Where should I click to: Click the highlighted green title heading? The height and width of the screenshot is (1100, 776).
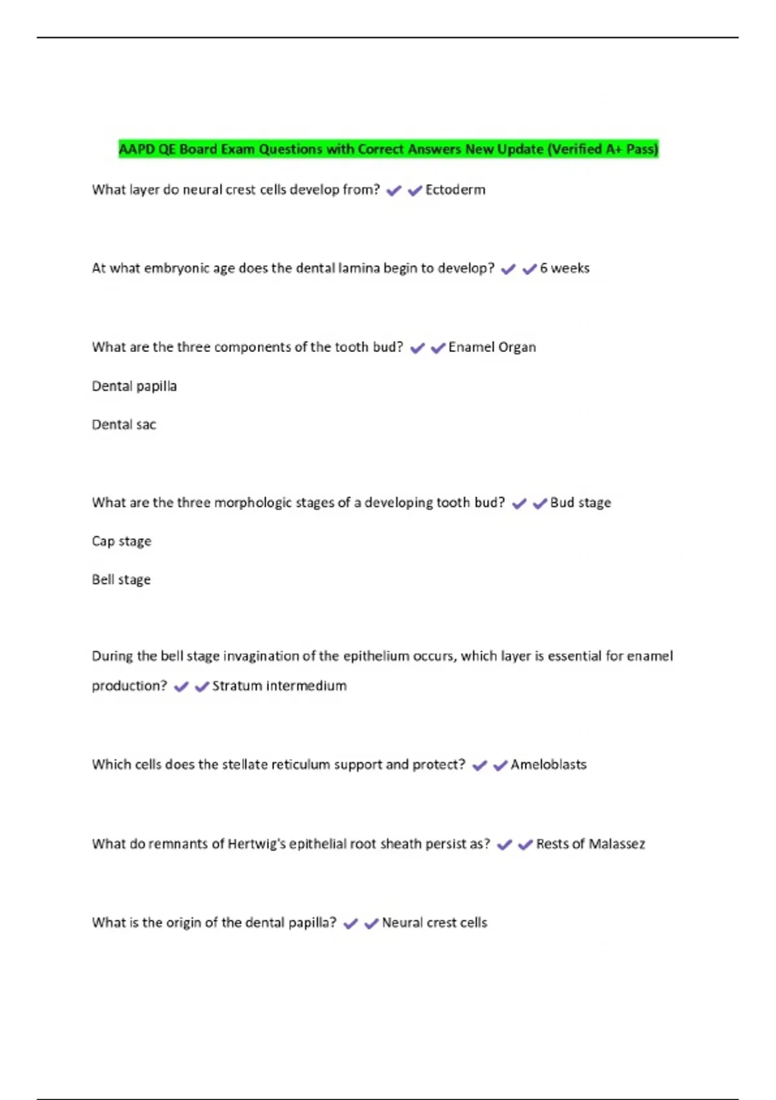[388, 149]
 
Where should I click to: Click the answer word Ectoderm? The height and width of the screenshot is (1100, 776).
[455, 190]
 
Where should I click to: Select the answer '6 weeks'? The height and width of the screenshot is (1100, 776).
[565, 269]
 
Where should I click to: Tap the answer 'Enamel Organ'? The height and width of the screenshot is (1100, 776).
[492, 347]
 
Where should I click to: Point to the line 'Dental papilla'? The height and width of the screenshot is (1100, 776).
[134, 386]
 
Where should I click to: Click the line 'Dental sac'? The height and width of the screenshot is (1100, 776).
[124, 425]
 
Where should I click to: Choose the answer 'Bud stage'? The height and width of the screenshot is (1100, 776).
[580, 503]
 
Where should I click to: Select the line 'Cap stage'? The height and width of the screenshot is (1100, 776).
[122, 542]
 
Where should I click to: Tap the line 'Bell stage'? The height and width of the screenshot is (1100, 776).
[121, 580]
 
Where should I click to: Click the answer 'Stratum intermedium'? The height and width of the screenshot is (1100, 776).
[279, 686]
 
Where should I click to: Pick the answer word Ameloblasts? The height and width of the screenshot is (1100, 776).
[548, 765]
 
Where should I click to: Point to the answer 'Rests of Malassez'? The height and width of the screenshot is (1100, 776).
[590, 844]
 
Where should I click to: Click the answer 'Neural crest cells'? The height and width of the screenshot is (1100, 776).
[435, 923]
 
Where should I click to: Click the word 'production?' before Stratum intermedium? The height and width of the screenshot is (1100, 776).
[129, 686]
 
